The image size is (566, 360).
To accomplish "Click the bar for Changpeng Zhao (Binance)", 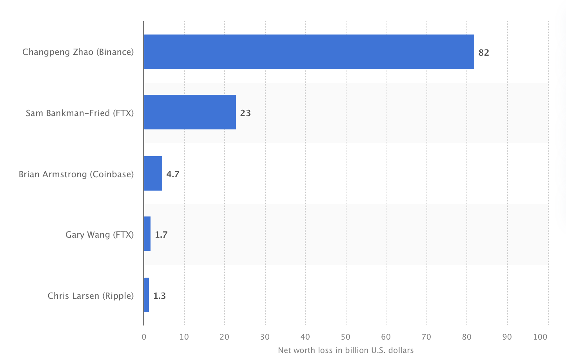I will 309,52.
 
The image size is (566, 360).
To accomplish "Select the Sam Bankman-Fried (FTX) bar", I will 190,112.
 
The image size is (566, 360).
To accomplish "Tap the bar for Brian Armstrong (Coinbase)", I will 153,173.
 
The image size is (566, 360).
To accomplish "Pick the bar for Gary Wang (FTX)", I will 147,234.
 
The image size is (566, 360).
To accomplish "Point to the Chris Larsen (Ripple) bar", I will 146,295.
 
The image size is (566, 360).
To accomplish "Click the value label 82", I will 484,53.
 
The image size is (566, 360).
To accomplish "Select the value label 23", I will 245,113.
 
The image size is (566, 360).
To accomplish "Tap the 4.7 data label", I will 173,174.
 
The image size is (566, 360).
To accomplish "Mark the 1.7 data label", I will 161,235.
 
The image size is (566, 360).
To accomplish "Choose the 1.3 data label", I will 160,296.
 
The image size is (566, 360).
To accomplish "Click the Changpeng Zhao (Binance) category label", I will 78,52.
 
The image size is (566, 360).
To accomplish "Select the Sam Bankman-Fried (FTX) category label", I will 80,113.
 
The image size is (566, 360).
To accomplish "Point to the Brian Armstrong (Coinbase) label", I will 76,174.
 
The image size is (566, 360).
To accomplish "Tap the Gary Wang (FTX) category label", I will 100,235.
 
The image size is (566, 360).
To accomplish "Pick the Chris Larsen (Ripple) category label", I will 91,296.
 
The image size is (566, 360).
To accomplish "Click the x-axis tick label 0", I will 144,337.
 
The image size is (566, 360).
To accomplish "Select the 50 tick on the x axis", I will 346,337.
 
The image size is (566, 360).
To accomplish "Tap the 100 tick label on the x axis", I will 540,337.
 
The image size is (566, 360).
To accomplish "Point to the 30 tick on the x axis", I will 265,337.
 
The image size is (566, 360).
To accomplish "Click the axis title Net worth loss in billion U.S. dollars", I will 346,350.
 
